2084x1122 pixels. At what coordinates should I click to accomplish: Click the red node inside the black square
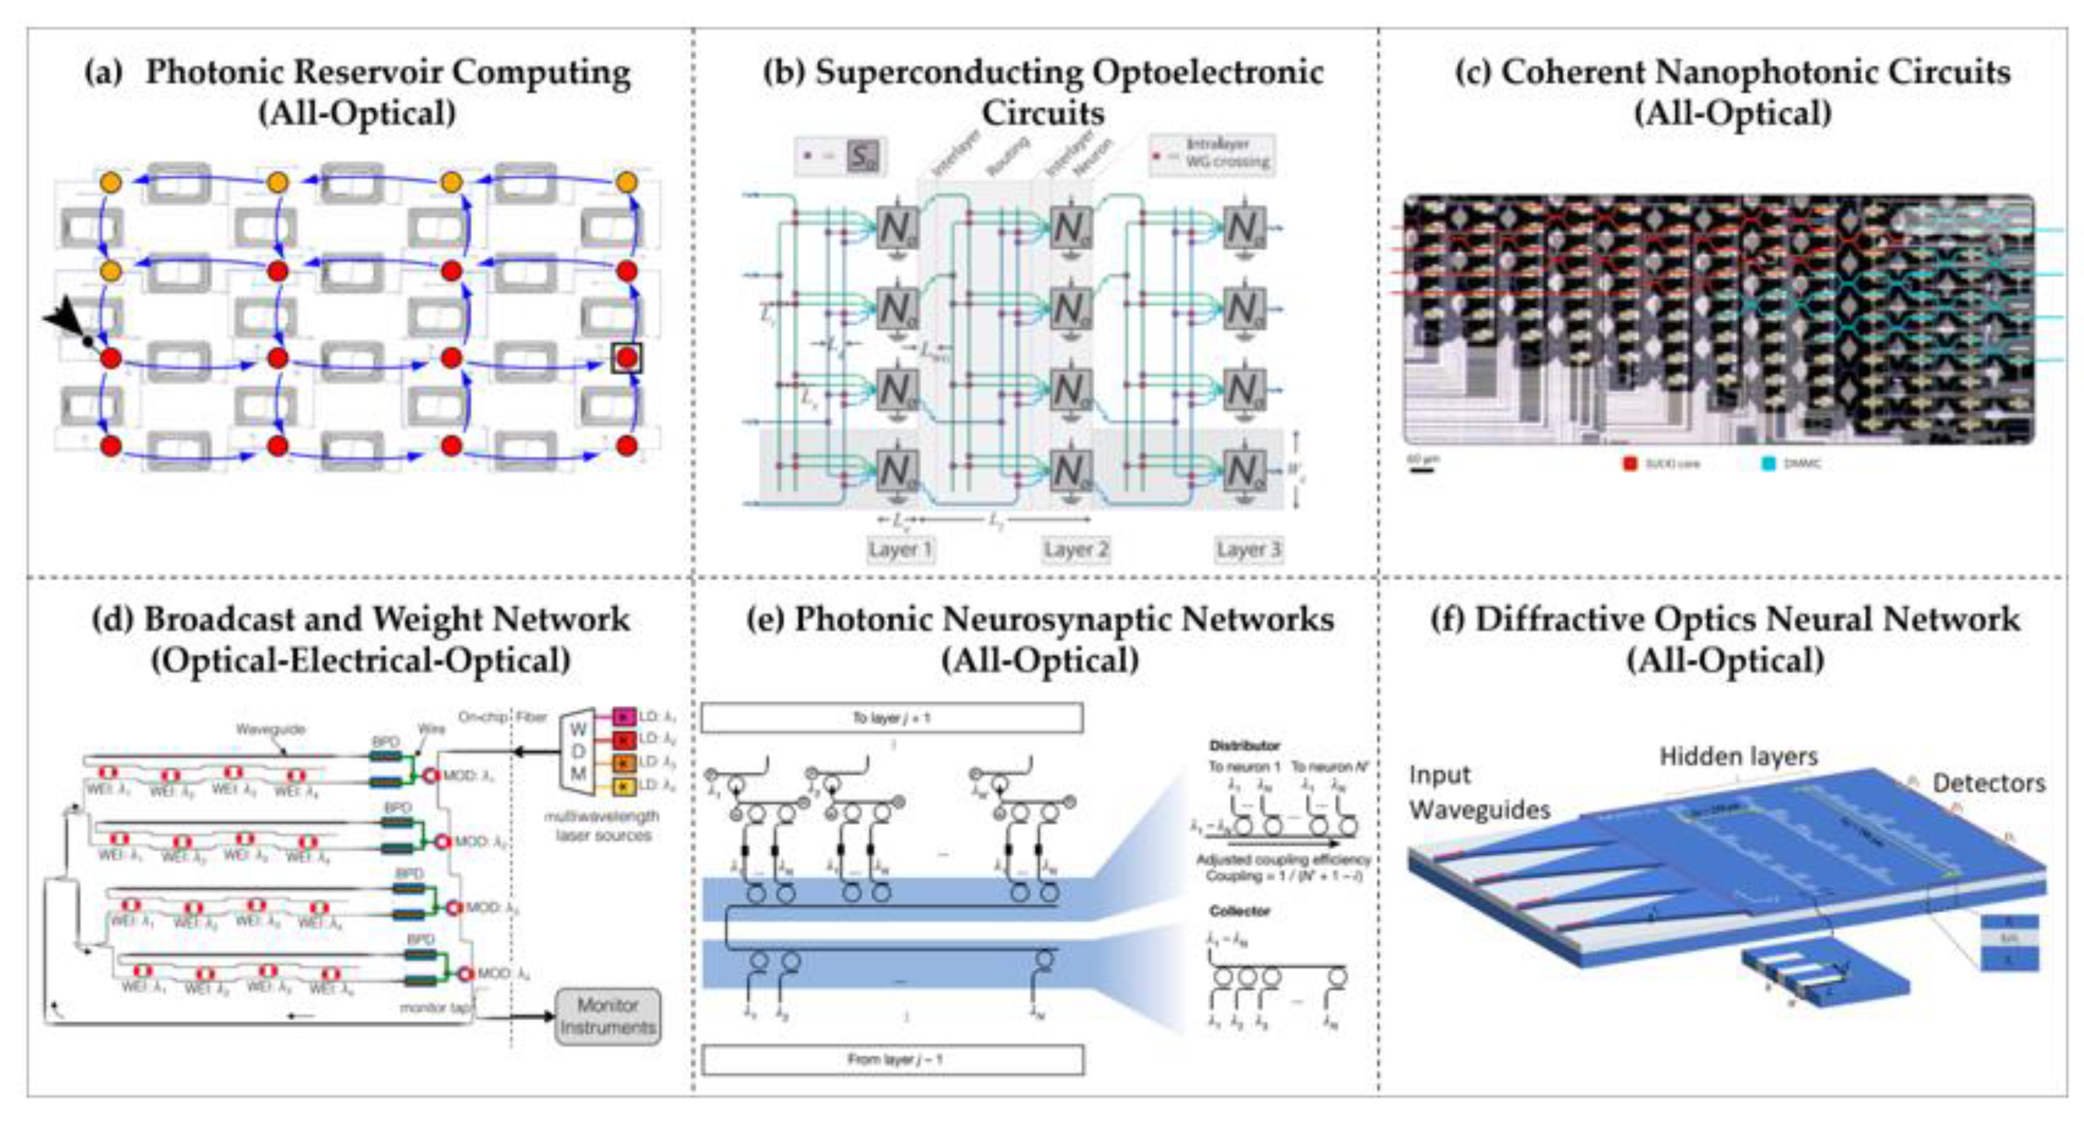pyautogui.click(x=627, y=358)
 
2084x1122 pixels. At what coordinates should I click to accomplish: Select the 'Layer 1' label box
pyautogui.click(x=900, y=549)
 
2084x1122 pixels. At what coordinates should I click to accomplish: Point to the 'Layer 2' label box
pyautogui.click(x=1075, y=549)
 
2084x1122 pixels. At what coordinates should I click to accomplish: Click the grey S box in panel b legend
pyautogui.click(x=863, y=155)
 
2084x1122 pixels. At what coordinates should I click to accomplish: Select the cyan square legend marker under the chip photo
pyautogui.click(x=1769, y=464)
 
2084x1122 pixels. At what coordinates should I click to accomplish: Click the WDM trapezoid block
pyautogui.click(x=579, y=751)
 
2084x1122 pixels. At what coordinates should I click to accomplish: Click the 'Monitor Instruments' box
pyautogui.click(x=607, y=1016)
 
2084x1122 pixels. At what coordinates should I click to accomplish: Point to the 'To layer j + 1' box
pyautogui.click(x=891, y=718)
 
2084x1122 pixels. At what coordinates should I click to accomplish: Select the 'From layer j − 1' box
pyautogui.click(x=893, y=1060)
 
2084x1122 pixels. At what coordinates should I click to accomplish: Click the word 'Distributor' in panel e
pyautogui.click(x=1244, y=745)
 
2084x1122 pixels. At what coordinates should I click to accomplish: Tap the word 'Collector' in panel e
pyautogui.click(x=1239, y=912)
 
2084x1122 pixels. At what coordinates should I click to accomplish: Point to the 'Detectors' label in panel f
pyautogui.click(x=1988, y=783)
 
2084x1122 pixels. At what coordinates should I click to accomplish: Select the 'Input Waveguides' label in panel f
pyautogui.click(x=1479, y=792)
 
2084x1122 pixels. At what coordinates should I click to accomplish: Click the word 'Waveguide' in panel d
pyautogui.click(x=270, y=729)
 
